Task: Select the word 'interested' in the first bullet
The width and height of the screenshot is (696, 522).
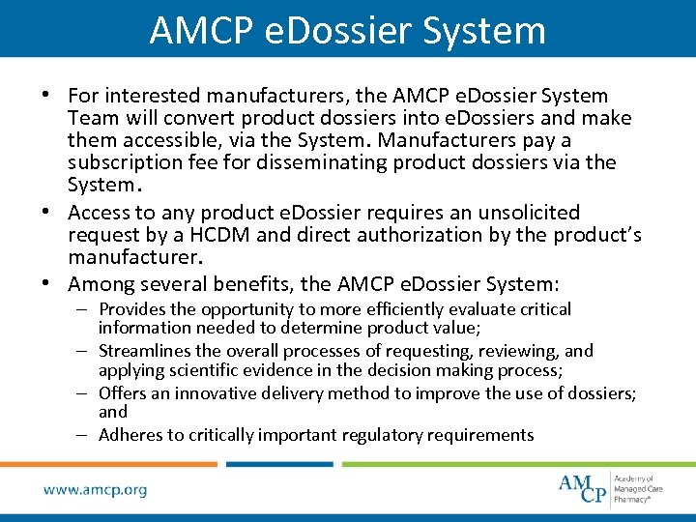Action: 154,96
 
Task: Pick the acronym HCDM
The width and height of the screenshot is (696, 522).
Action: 206,235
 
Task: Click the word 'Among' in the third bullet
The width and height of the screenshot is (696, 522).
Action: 101,284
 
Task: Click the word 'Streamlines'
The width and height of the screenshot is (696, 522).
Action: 144,351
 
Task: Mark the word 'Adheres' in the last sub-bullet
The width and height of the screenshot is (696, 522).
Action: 130,435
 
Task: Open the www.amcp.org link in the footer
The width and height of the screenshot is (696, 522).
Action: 95,490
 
